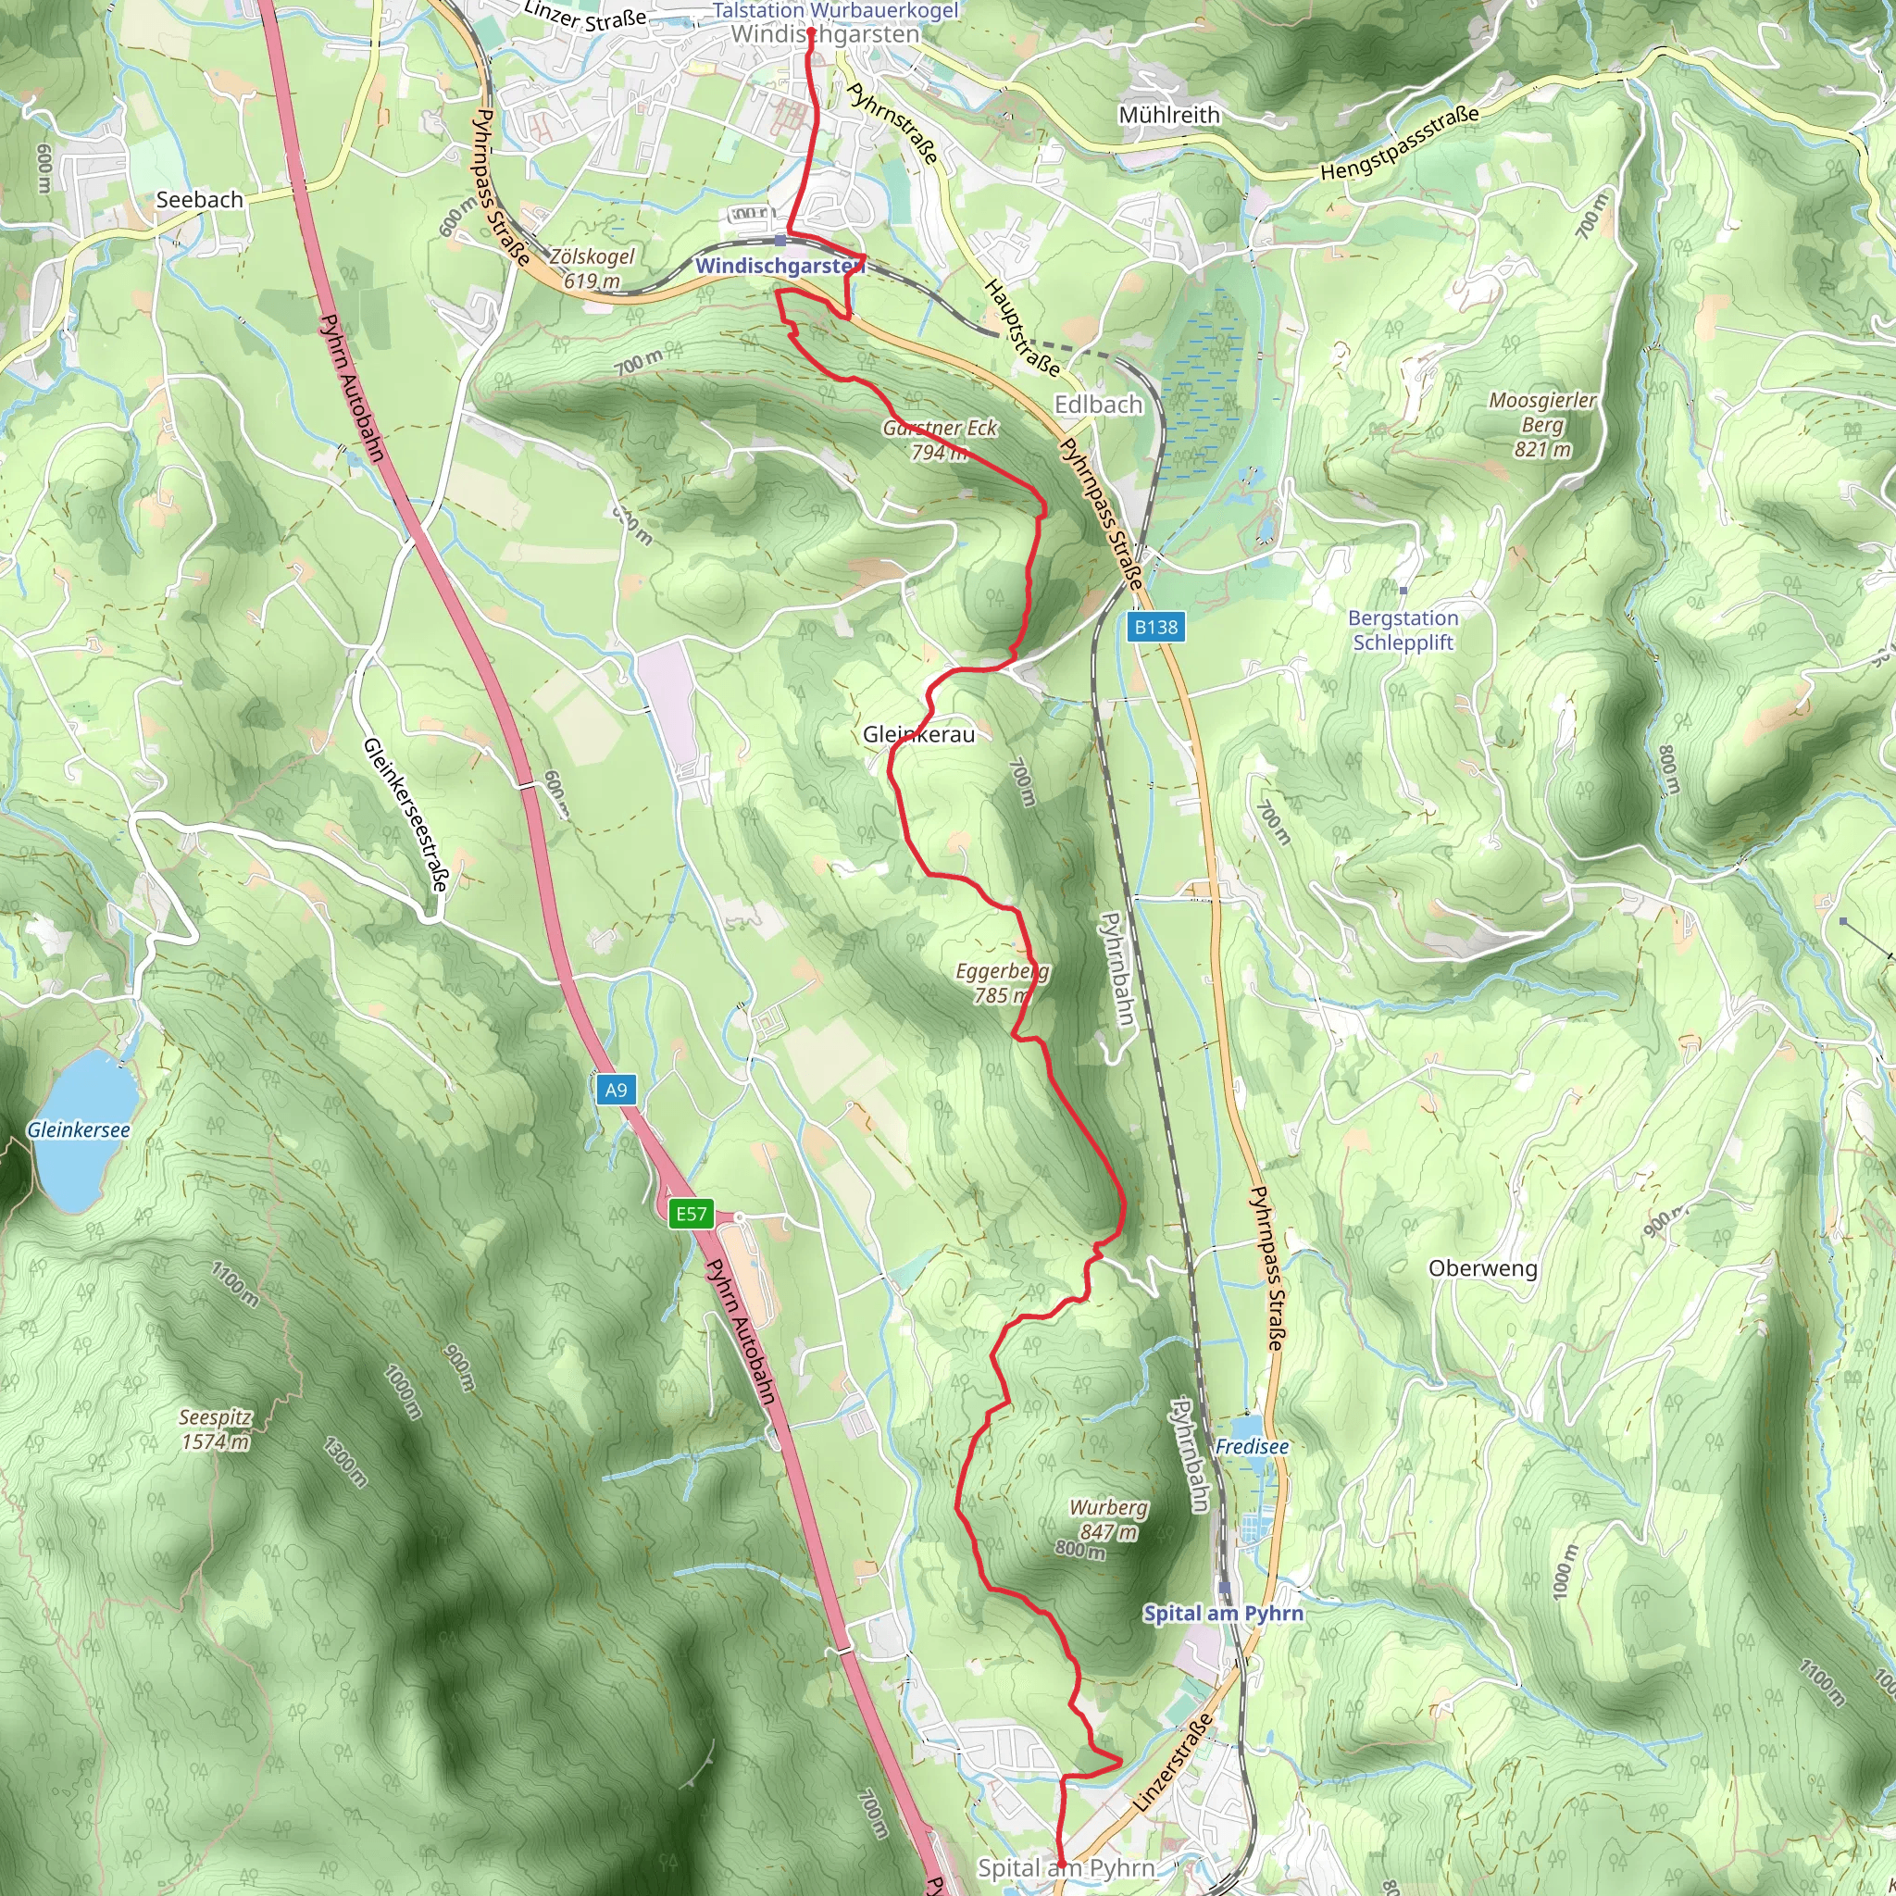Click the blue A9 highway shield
[x=616, y=1090]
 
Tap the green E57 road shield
[x=691, y=1214]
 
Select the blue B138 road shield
[x=1155, y=627]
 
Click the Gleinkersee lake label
[x=79, y=1129]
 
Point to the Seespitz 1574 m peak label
[x=215, y=1428]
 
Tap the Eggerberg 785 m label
[x=1002, y=982]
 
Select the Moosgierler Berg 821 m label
[x=1541, y=424]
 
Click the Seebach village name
[x=199, y=199]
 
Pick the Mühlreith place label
[x=1169, y=115]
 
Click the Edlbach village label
[x=1098, y=405]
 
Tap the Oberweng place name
[x=1482, y=1268]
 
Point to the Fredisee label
[x=1252, y=1447]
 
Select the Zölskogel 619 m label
[x=592, y=268]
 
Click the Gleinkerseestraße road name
[x=405, y=815]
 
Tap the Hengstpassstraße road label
[x=1399, y=143]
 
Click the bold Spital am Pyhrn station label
[x=1223, y=1614]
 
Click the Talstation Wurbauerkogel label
[x=834, y=11]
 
